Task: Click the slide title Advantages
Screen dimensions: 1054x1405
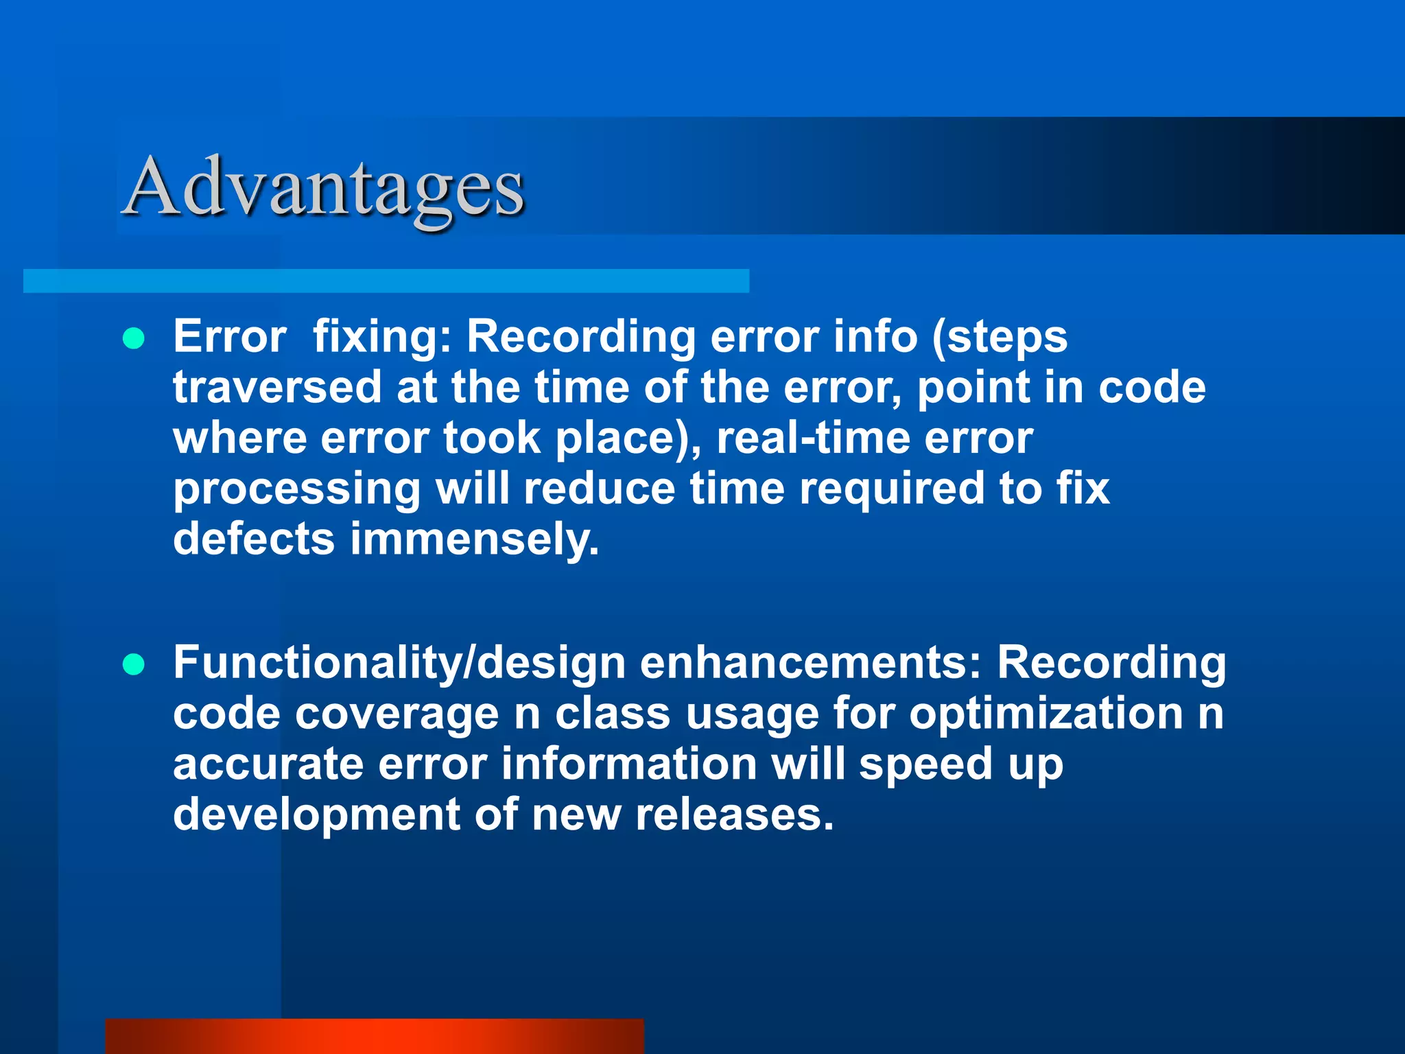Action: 324,187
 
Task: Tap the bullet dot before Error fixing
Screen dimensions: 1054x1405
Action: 134,339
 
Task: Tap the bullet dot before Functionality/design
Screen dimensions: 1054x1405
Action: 134,664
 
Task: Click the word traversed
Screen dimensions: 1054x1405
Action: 277,387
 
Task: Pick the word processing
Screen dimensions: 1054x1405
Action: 296,490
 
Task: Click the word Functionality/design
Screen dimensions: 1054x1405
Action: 399,664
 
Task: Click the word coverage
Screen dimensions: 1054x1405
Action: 397,715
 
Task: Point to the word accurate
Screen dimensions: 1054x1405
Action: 268,764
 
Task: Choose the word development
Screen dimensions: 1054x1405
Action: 316,815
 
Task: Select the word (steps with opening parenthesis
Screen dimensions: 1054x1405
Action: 999,338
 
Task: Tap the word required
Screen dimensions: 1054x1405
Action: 892,490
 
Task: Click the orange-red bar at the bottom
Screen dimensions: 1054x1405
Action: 375,1036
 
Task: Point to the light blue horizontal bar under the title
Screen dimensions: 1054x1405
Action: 386,281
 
